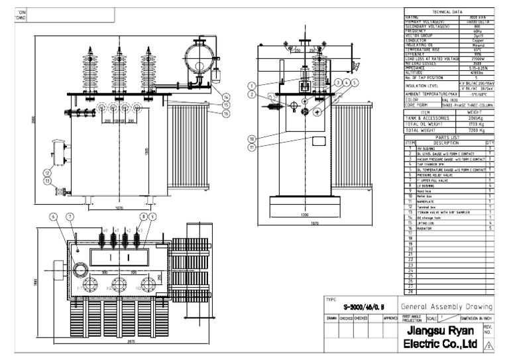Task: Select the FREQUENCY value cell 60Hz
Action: (477, 30)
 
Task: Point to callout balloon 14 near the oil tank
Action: (226, 97)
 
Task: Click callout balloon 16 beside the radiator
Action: (226, 113)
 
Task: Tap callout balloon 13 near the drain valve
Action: (47, 180)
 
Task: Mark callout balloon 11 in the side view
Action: (253, 147)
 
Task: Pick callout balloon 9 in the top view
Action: (153, 217)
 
